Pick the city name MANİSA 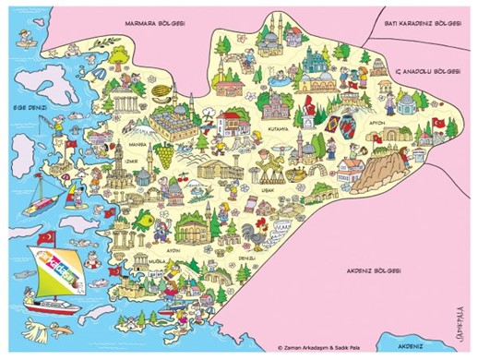point(138,145)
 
